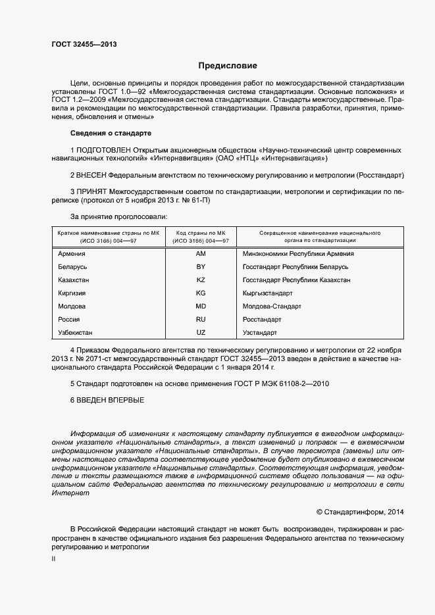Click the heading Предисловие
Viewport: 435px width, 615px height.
tap(228, 66)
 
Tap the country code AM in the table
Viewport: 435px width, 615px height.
tap(201, 254)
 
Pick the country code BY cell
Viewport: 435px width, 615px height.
tap(201, 267)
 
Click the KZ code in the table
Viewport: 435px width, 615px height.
tap(201, 280)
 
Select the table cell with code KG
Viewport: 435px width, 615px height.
tap(201, 293)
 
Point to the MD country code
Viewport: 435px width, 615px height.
tap(201, 307)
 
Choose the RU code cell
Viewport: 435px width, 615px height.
tap(201, 320)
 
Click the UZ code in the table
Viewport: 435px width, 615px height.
tap(201, 333)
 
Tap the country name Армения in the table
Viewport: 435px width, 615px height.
tap(72, 254)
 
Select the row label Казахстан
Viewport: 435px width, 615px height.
tap(74, 280)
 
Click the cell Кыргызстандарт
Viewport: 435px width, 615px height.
tap(267, 293)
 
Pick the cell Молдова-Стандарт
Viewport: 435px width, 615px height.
tap(271, 307)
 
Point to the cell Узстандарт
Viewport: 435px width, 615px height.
tap(260, 333)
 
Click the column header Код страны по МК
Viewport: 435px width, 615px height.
tap(201, 234)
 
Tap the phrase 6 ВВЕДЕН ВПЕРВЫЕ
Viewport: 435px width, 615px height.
tap(107, 400)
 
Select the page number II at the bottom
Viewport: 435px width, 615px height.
tap(53, 558)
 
